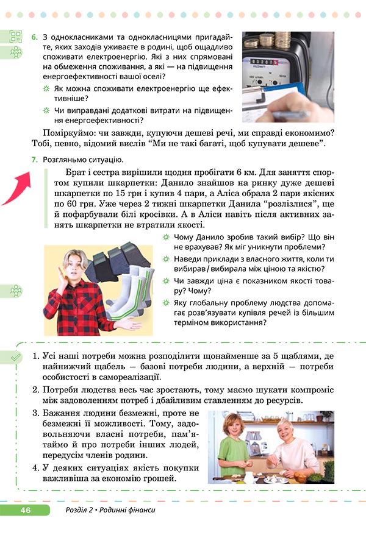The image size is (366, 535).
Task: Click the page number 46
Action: tap(25, 509)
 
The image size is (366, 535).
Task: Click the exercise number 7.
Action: tap(34, 160)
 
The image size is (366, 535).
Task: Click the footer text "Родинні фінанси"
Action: tap(126, 509)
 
